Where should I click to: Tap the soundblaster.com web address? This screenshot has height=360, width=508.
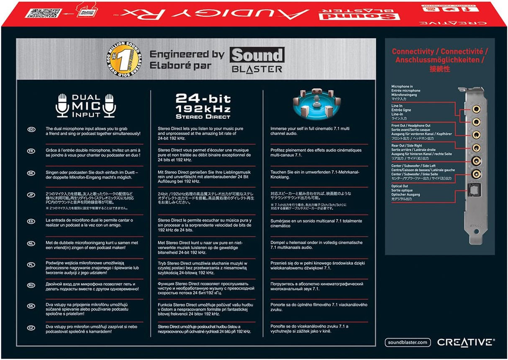pos(408,342)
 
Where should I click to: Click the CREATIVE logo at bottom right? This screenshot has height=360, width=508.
pos(466,342)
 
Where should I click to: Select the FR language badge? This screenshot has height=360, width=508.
pos(31,151)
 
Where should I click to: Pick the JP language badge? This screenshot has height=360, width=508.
pos(31,194)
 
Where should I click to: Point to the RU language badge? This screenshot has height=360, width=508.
pos(31,285)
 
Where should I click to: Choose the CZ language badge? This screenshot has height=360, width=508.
pos(31,327)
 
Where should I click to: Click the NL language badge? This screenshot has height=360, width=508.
pos(31,243)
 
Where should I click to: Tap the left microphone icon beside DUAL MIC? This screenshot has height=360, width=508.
pos(62,105)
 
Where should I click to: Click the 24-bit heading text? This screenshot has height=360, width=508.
pos(203,99)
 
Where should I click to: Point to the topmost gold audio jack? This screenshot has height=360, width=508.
pos(476,108)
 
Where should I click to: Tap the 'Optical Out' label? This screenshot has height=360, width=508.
pos(400,186)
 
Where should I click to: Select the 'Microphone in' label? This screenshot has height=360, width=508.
pos(402,87)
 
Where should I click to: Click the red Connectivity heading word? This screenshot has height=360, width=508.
pos(413,52)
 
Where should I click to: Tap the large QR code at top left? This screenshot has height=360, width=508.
pos(38,10)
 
